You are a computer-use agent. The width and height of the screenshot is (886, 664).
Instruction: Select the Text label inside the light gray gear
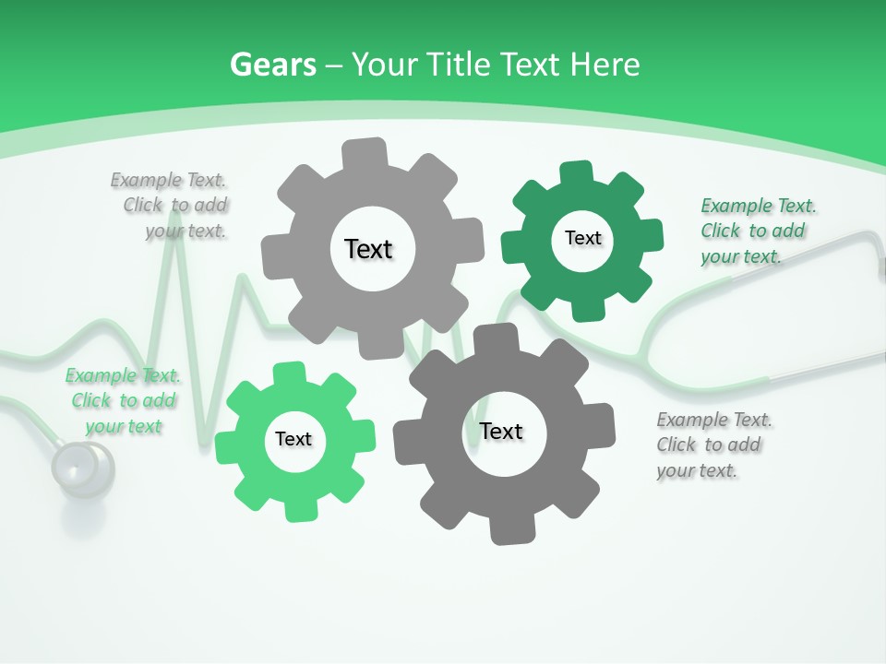pos(368,249)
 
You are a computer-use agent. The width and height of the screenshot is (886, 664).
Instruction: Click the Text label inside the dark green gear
pos(582,238)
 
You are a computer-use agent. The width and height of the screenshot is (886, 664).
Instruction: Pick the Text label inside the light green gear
pos(293,439)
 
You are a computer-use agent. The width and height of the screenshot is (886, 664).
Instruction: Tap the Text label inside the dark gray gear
pos(501,432)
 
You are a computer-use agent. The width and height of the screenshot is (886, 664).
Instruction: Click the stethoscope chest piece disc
pos(82,467)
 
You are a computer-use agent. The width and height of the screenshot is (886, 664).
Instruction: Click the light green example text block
pos(123,401)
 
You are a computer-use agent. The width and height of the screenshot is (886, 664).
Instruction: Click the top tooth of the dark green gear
pos(576,173)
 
